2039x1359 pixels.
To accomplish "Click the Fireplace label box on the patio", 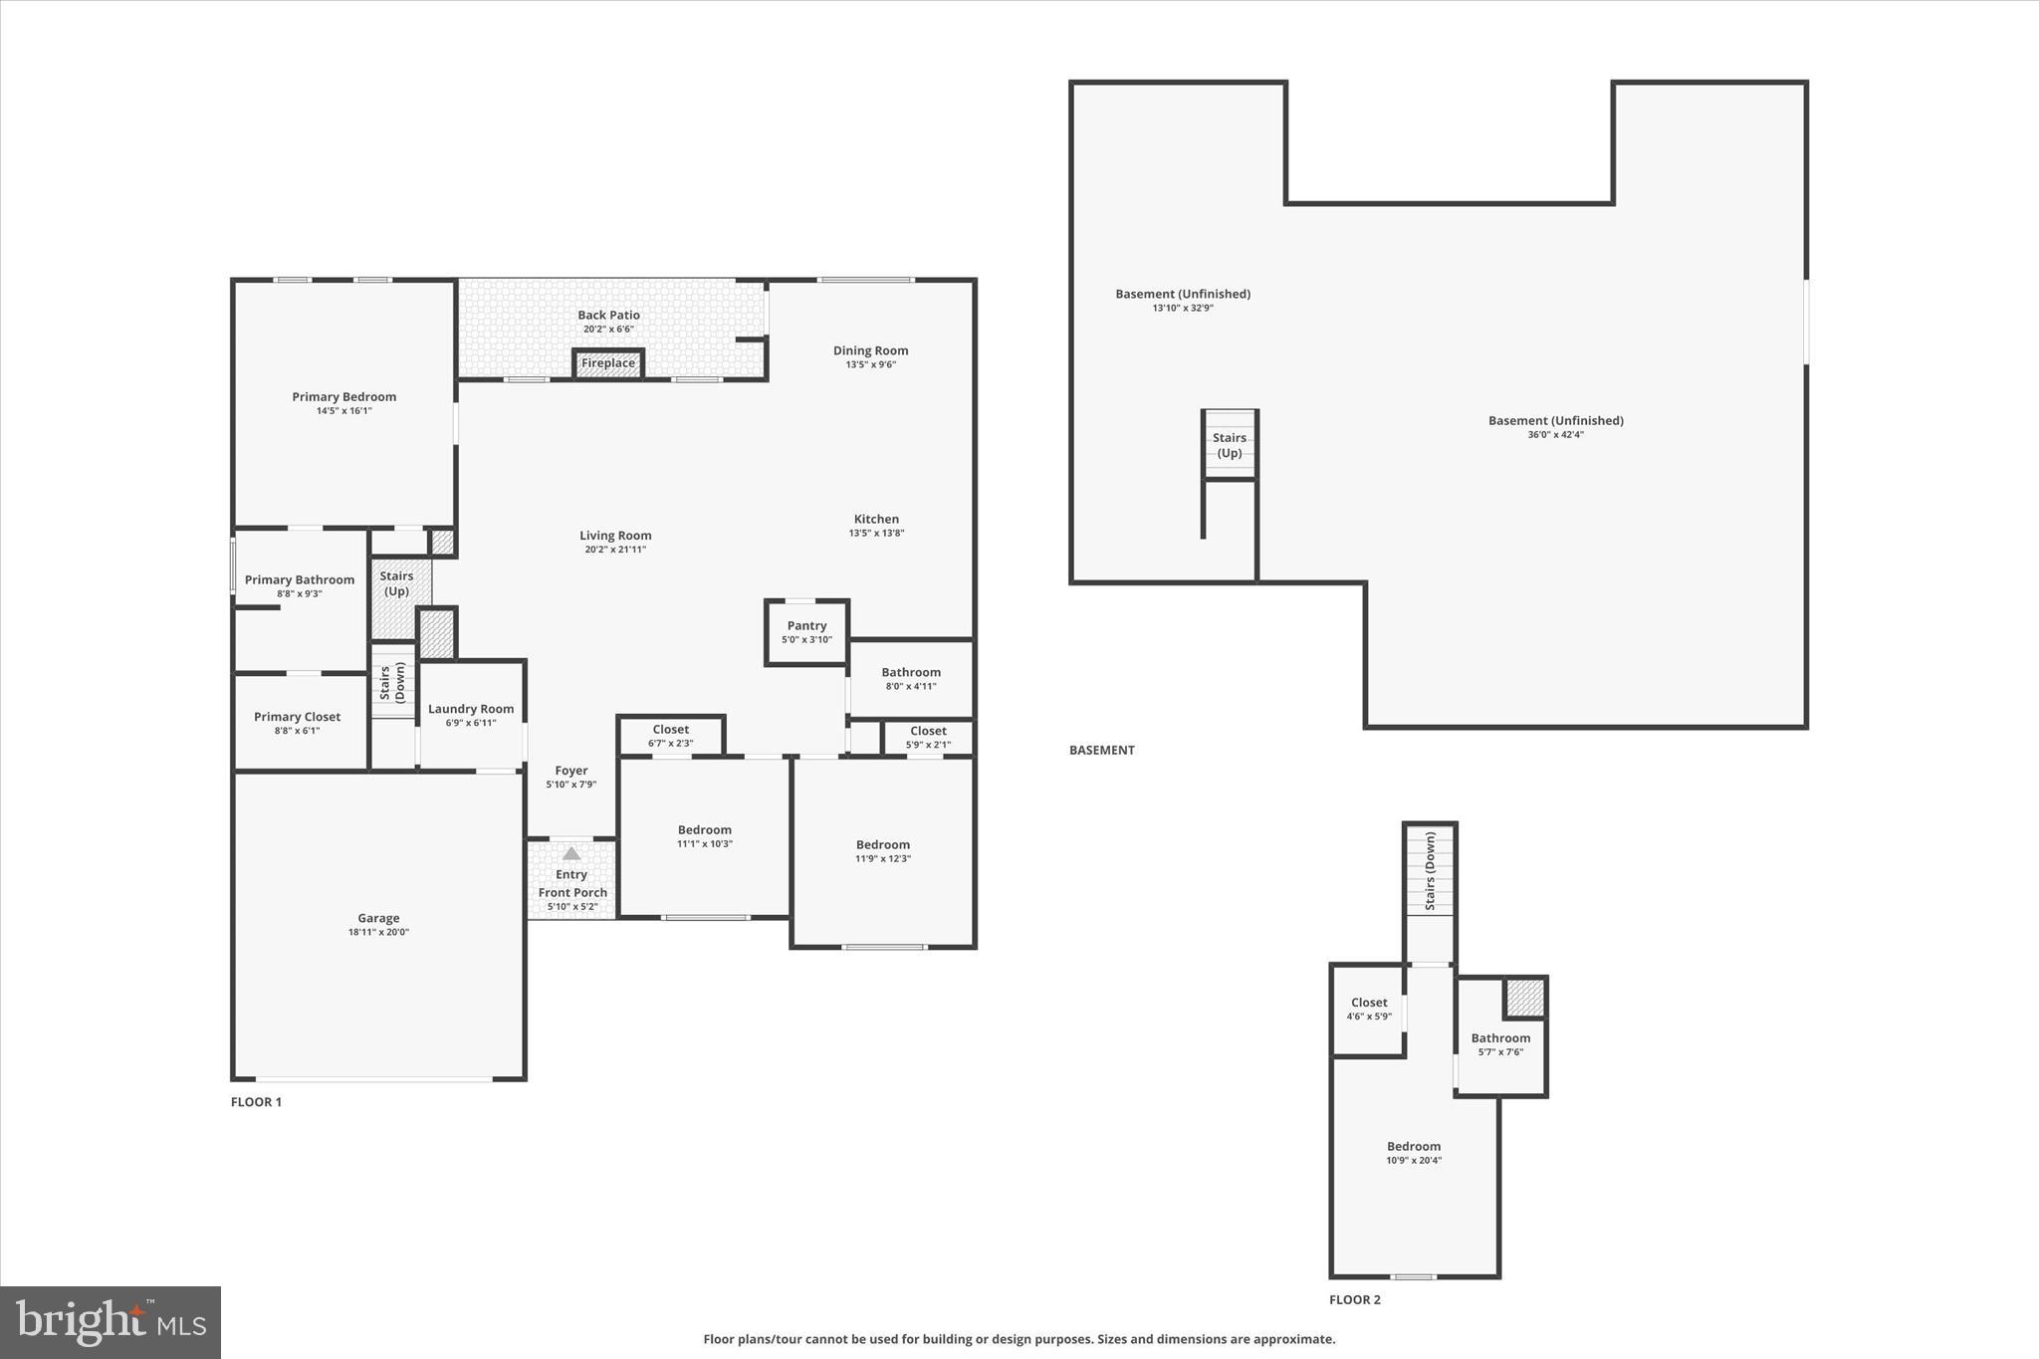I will point(608,363).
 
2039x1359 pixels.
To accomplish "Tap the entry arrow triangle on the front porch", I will point(571,853).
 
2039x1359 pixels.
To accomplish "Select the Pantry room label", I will point(806,626).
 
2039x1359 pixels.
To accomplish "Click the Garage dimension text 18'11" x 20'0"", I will point(378,933).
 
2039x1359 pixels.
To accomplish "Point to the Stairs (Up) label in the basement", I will point(1230,445).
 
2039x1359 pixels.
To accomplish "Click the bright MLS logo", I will point(111,1322).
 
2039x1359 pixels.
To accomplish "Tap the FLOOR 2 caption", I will point(1355,1299).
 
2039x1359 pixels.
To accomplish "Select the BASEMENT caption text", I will point(1101,750).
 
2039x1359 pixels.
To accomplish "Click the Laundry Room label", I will point(471,709).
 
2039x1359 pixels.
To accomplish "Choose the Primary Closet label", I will point(297,717).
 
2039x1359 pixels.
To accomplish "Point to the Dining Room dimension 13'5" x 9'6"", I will point(870,364).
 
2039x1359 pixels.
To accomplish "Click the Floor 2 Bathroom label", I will point(1500,1037).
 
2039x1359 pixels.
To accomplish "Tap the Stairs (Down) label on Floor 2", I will point(1431,872).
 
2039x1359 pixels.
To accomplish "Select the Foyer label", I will point(571,771).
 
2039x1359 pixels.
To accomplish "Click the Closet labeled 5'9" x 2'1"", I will point(928,731).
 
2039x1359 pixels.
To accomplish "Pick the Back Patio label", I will point(609,315).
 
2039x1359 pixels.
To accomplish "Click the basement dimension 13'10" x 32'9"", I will point(1183,309).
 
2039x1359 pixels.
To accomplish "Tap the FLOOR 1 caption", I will point(256,1102).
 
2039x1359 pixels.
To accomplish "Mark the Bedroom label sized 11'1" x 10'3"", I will point(705,829).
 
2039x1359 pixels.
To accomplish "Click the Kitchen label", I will point(876,519).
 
